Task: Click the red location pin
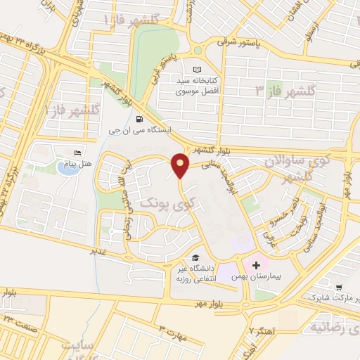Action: [181, 165]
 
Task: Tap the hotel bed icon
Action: [77, 152]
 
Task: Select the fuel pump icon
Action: [140, 119]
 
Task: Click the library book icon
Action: [197, 69]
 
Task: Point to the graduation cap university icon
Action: [196, 257]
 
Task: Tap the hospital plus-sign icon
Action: [256, 266]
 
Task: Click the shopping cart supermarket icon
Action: [340, 288]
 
